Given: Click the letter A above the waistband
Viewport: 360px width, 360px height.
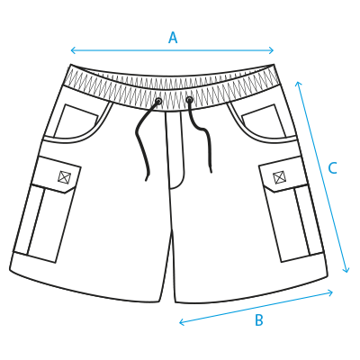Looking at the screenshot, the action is pyautogui.click(x=173, y=38).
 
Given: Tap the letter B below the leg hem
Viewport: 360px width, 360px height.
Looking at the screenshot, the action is pyautogui.click(x=259, y=319).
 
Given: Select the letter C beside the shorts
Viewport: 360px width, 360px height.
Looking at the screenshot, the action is pyautogui.click(x=332, y=168).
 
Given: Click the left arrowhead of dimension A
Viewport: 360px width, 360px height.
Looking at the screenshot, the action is pyautogui.click(x=73, y=50).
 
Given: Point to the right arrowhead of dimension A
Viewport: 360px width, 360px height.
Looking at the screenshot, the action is pyautogui.click(x=272, y=50).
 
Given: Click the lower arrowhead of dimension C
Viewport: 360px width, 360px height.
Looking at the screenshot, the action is pyautogui.click(x=346, y=270).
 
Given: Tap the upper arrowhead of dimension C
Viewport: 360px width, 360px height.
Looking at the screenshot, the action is pyautogui.click(x=297, y=84).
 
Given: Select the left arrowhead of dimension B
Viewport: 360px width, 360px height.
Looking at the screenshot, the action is pyautogui.click(x=181, y=322).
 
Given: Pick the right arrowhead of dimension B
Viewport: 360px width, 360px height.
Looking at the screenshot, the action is pyautogui.click(x=330, y=292).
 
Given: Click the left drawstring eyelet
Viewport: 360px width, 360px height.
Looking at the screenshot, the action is pyautogui.click(x=158, y=101).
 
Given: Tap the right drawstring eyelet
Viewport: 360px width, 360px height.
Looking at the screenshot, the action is pyautogui.click(x=189, y=99).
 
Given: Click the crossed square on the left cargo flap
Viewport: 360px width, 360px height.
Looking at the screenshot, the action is pyautogui.click(x=64, y=176).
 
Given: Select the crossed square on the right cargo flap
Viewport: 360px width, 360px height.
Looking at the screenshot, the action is pyautogui.click(x=279, y=177).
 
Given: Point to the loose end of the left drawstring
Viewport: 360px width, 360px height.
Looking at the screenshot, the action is pyautogui.click(x=147, y=180).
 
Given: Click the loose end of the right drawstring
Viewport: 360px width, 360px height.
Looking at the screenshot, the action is pyautogui.click(x=211, y=171).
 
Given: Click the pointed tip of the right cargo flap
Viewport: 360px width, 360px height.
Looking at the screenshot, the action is pyautogui.click(x=273, y=192).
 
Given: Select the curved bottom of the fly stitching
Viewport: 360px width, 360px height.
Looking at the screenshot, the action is pyautogui.click(x=176, y=186).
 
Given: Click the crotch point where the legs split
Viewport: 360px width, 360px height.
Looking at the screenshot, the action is pyautogui.click(x=172, y=232).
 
